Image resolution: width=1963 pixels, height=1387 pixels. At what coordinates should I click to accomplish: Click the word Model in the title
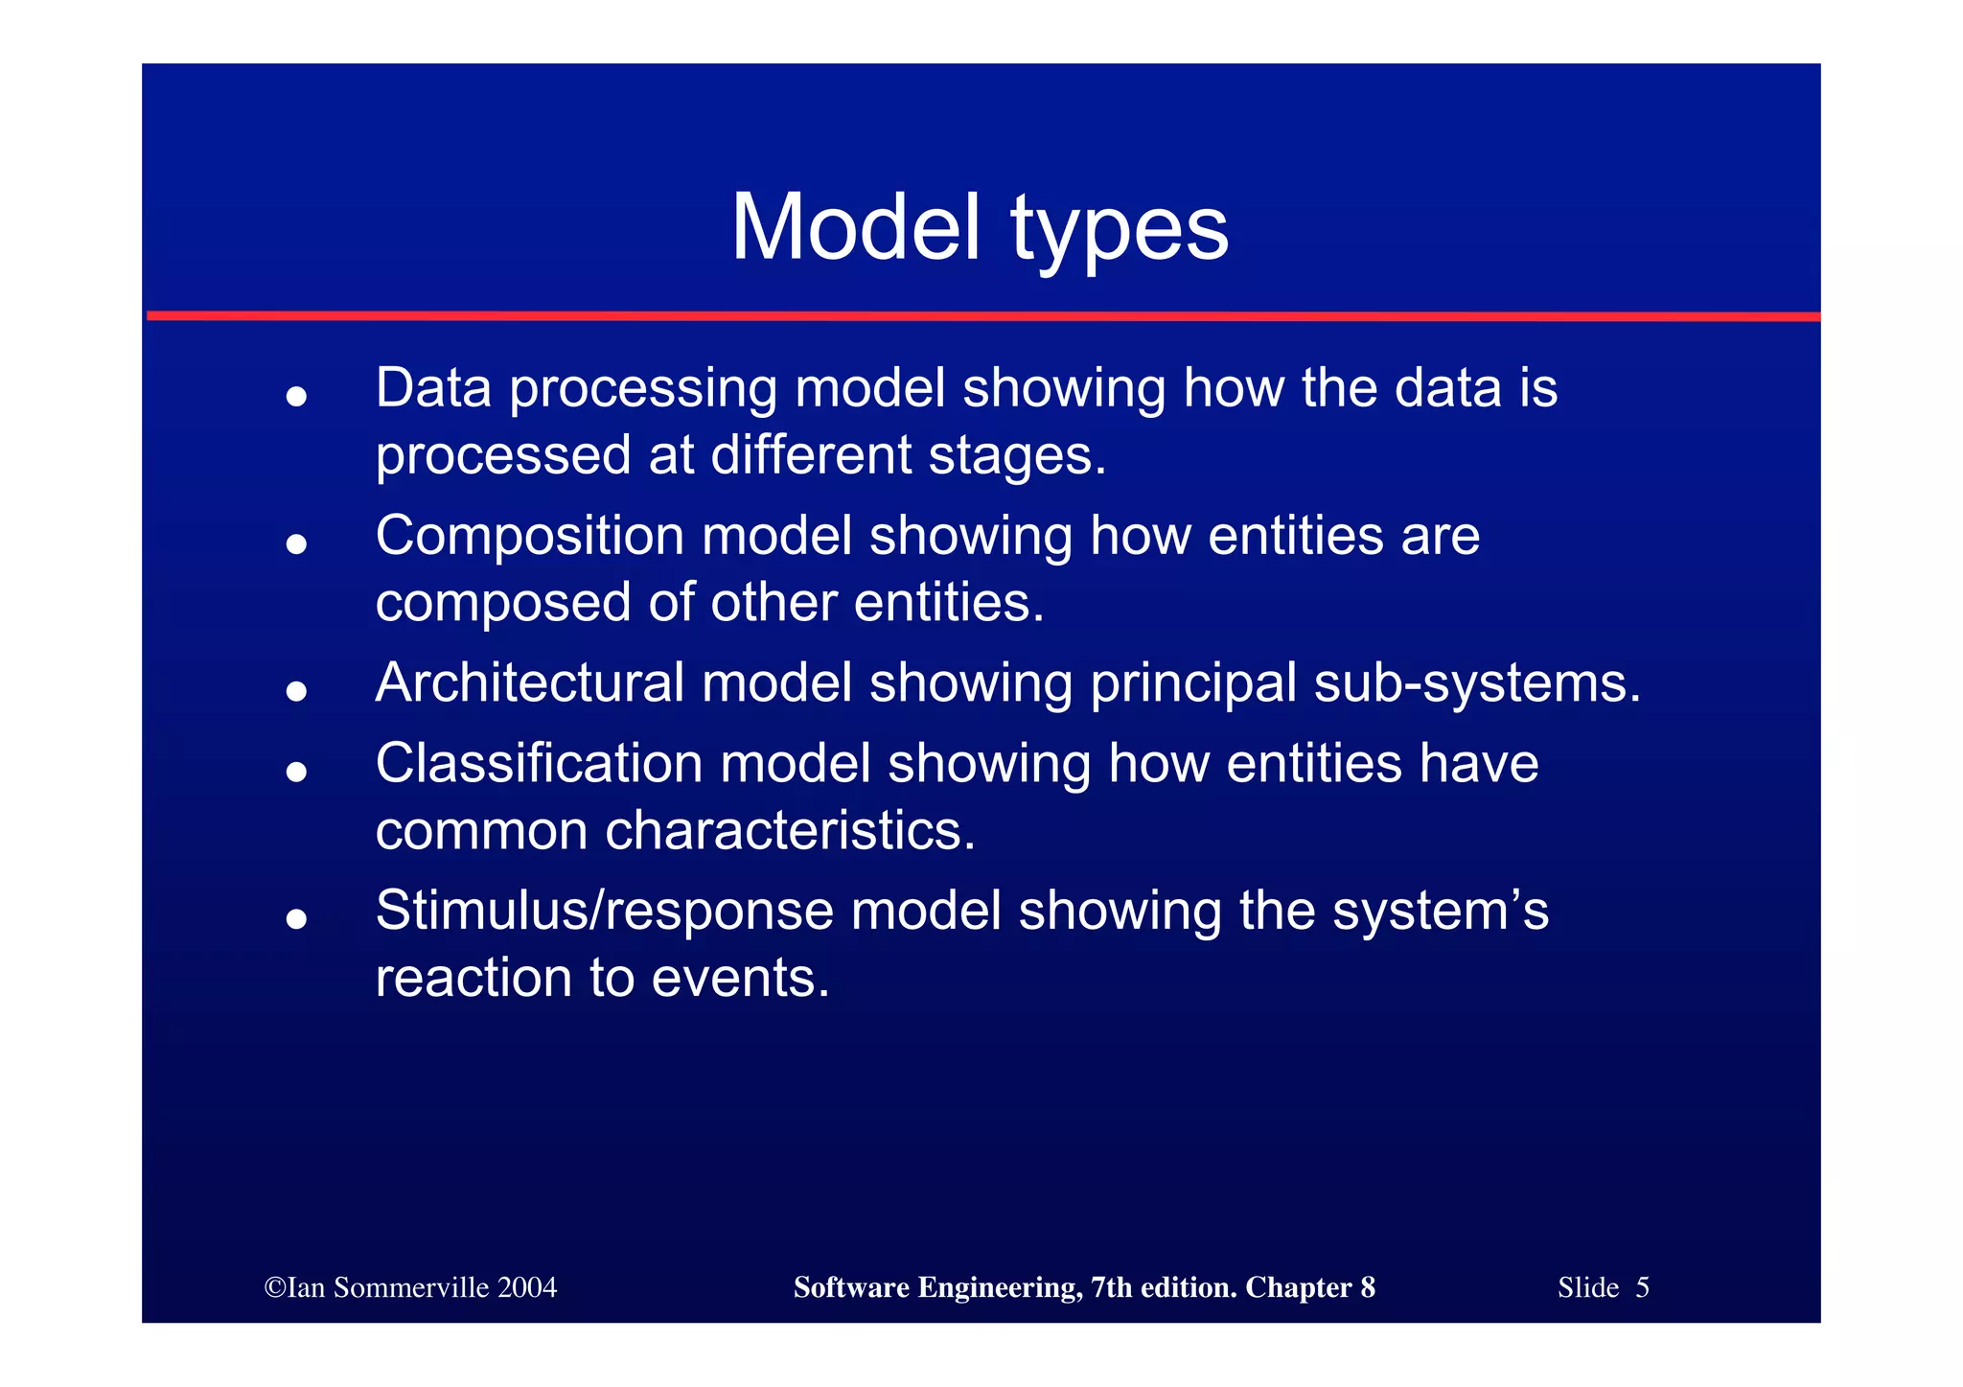click(856, 228)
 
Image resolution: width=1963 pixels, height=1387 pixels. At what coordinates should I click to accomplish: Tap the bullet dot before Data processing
click(296, 397)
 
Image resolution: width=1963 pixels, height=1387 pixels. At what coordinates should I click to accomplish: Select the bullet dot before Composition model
click(296, 544)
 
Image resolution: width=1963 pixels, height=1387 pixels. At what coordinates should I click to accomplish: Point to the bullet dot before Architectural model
click(296, 691)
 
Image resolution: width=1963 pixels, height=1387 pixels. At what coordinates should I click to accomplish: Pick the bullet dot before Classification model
click(296, 772)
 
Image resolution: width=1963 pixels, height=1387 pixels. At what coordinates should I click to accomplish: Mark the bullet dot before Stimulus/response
click(296, 919)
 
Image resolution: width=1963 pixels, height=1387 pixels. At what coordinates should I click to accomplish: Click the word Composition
click(530, 537)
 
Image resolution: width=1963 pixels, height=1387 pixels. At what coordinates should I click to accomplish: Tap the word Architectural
click(530, 683)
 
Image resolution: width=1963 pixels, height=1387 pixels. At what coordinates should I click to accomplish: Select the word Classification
click(539, 764)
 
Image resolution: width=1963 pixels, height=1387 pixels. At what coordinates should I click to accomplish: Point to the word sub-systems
click(1477, 684)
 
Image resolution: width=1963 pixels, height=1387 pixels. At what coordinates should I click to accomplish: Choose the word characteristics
click(790, 830)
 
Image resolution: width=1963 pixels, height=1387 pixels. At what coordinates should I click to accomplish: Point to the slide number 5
click(1642, 1287)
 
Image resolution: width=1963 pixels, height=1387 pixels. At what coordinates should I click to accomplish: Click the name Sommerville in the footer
click(411, 1287)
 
